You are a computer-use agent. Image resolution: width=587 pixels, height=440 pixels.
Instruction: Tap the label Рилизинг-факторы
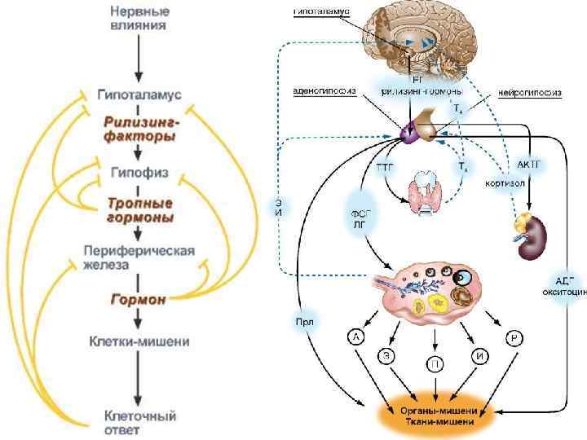pos(139,129)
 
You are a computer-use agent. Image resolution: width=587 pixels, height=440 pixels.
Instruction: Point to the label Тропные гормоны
pos(139,209)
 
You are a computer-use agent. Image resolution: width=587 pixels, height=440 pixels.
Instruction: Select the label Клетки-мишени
pos(139,341)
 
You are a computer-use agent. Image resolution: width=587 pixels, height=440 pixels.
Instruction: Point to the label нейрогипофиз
pos(531,93)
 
